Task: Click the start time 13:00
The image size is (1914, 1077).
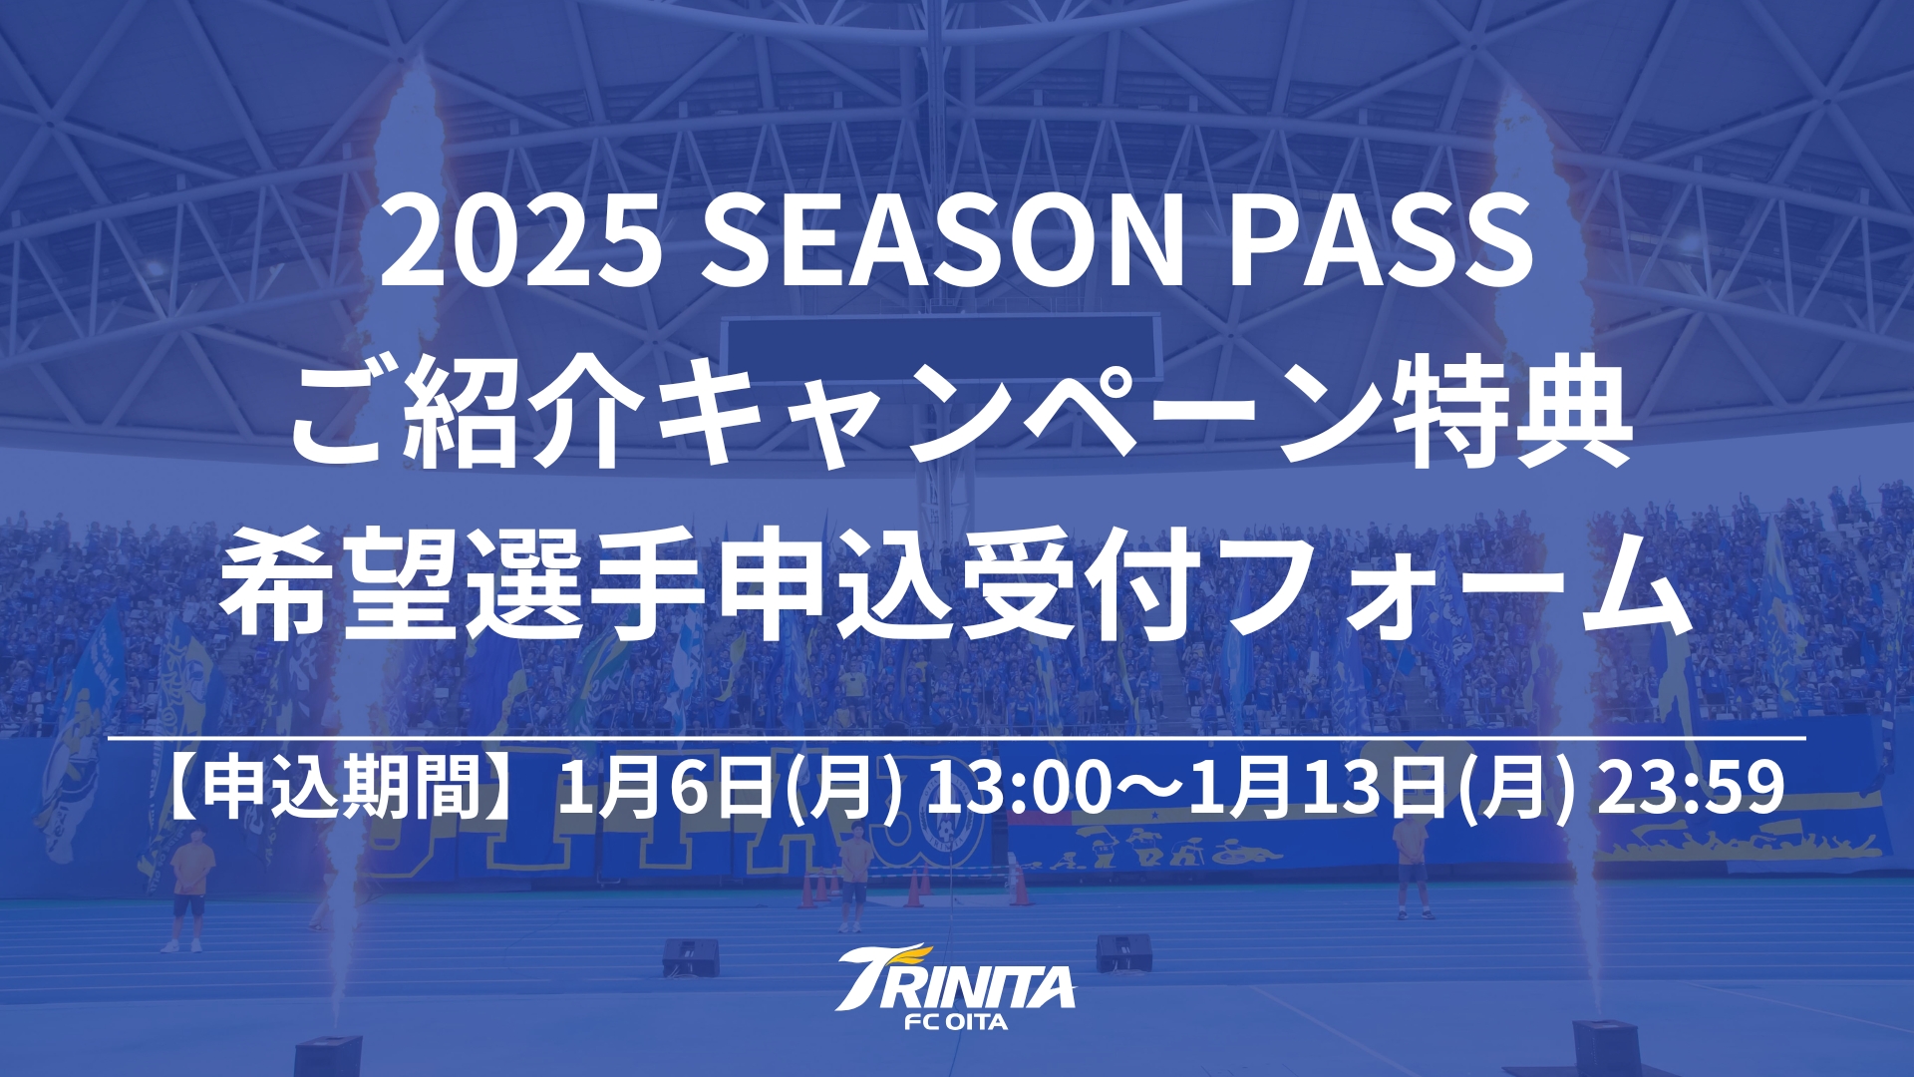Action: click(1017, 788)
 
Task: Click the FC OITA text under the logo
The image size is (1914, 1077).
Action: click(956, 1022)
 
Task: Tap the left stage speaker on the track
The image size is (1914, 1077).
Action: click(691, 957)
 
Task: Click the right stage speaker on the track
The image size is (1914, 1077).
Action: click(1124, 953)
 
